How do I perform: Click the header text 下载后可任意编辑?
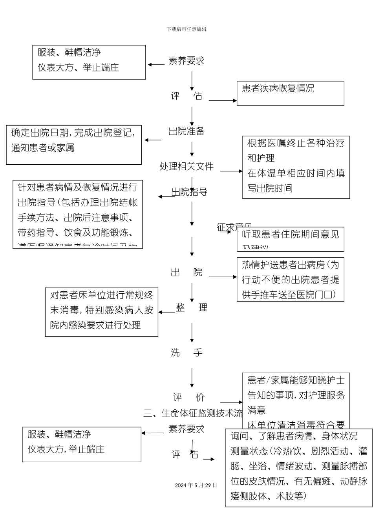(186, 29)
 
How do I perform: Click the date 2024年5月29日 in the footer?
(196, 485)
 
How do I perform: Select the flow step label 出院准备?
(186, 131)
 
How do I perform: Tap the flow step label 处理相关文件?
(186, 166)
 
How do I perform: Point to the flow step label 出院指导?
(189, 192)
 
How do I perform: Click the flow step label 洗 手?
(186, 353)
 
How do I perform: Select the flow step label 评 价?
(189, 397)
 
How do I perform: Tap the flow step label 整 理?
(191, 307)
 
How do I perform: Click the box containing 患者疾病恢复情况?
(290, 93)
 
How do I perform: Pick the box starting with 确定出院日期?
(74, 145)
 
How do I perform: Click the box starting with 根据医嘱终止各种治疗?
(296, 167)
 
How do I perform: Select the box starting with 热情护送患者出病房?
(290, 280)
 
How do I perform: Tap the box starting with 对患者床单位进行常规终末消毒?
(102, 312)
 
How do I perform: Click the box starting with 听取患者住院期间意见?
(290, 239)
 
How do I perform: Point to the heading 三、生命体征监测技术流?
(193, 413)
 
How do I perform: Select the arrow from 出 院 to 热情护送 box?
(223, 277)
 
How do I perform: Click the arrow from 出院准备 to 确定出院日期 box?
(153, 140)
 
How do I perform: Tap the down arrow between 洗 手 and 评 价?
(192, 377)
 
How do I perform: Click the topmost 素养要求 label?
(186, 61)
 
